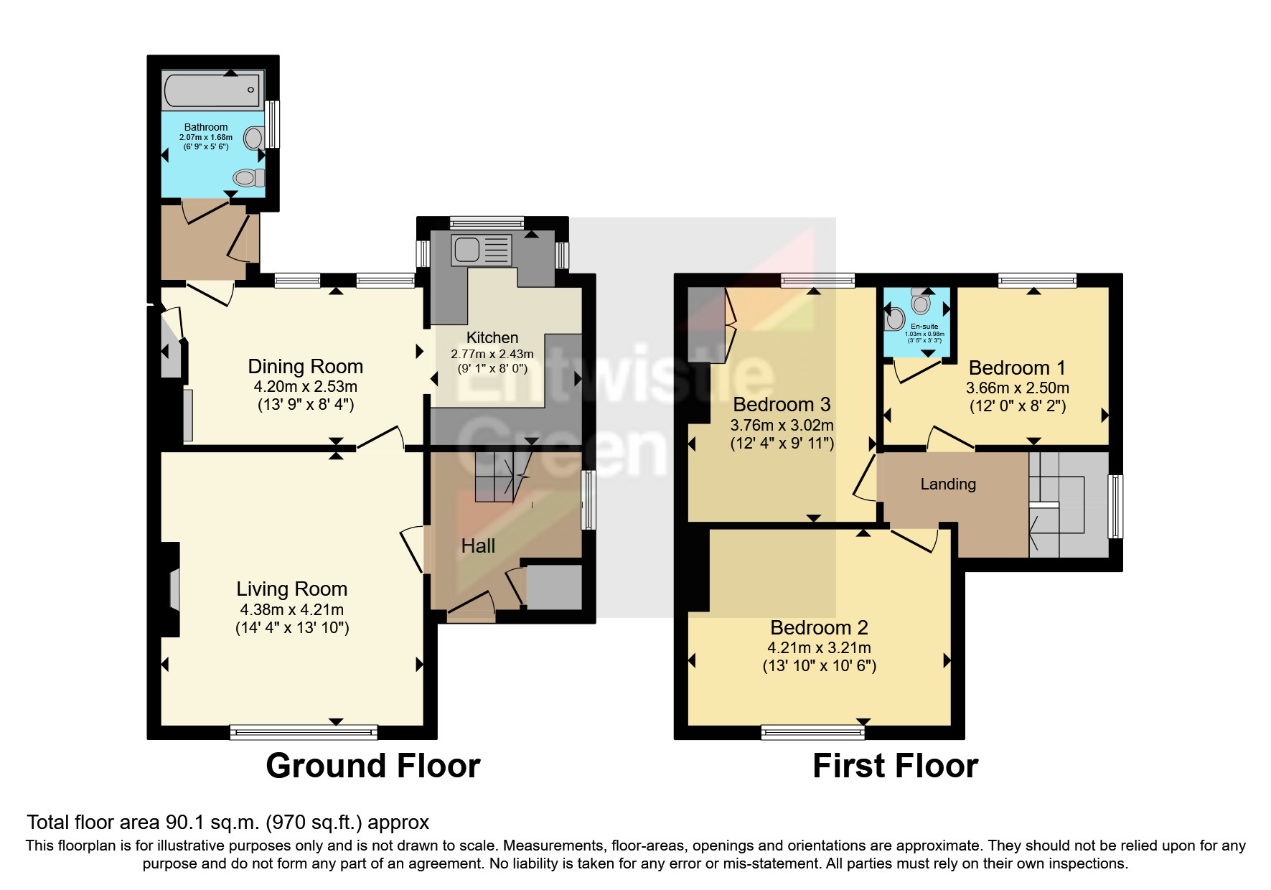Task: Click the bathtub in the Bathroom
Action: pyautogui.click(x=212, y=90)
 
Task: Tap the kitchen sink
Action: pyautogui.click(x=467, y=250)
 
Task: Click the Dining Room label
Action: pyautogui.click(x=305, y=367)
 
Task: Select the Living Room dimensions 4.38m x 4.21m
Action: pyautogui.click(x=291, y=610)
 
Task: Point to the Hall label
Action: pyautogui.click(x=478, y=546)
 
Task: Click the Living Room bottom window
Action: pyautogui.click(x=304, y=732)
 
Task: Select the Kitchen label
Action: pyautogui.click(x=492, y=337)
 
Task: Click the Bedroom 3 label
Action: pyautogui.click(x=782, y=404)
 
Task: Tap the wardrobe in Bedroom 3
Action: pyautogui.click(x=707, y=324)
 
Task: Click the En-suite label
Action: pyautogui.click(x=924, y=327)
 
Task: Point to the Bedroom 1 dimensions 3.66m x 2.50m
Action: pyautogui.click(x=1017, y=388)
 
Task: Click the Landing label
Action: pyautogui.click(x=948, y=484)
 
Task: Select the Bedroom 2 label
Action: pyautogui.click(x=819, y=628)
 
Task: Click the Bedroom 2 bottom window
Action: pyautogui.click(x=813, y=732)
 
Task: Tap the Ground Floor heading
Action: pyautogui.click(x=372, y=766)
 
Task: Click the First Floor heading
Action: pyautogui.click(x=895, y=766)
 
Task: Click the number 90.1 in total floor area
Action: pyautogui.click(x=185, y=823)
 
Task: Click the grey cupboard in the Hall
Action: pyautogui.click(x=554, y=587)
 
